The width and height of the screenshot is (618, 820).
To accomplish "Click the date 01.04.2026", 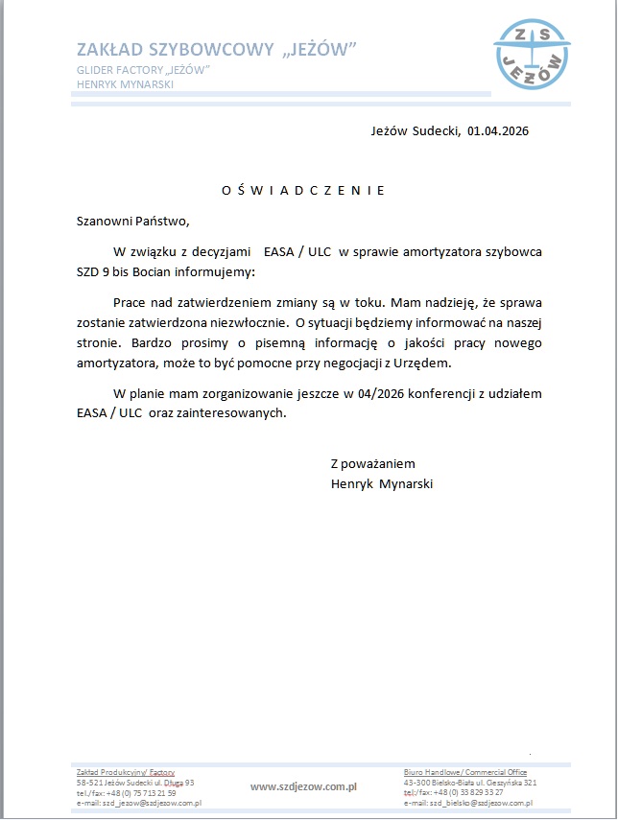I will coord(498,131).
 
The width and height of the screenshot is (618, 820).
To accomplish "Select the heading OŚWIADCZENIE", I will coord(303,190).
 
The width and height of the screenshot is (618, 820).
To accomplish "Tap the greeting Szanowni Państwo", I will coord(133,221).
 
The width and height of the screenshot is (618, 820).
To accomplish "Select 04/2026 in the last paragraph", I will coord(381,394).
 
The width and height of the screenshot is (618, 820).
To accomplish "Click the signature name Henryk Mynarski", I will coord(381,484).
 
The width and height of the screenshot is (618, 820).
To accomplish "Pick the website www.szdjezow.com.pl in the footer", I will coord(303,786).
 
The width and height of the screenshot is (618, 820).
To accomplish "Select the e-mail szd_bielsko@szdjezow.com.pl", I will coord(467,803).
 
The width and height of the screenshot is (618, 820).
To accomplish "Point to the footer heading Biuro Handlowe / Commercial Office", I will coord(464,772).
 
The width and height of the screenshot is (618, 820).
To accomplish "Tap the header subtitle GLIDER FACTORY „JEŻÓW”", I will coord(144,70).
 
